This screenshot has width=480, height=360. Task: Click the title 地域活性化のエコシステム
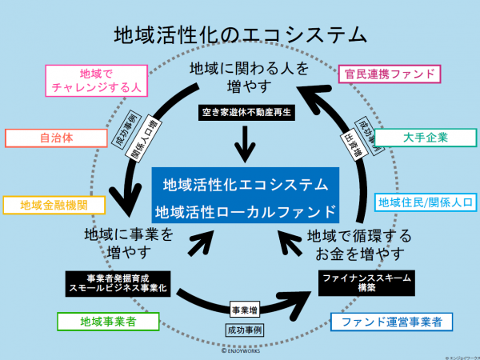pos(240,34)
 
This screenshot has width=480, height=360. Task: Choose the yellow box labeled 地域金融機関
pos(55,205)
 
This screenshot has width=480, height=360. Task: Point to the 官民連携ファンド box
pos(390,74)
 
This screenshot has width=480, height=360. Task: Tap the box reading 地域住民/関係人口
pos(426,201)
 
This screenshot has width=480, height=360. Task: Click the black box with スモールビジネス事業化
pos(117,282)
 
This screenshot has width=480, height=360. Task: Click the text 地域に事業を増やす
pos(128,242)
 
